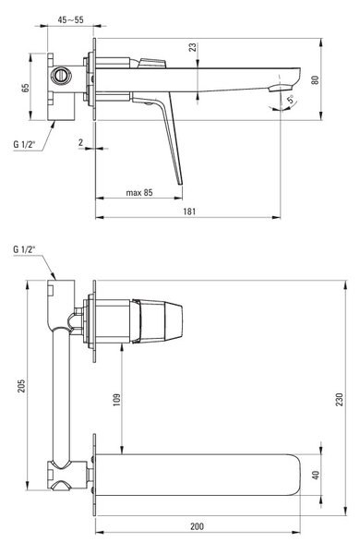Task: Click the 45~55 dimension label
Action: click(71, 19)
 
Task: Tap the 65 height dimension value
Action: click(26, 88)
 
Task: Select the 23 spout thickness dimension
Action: click(192, 47)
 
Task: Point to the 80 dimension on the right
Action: click(315, 79)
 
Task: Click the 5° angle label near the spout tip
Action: click(291, 99)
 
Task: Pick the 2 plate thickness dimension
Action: click(81, 142)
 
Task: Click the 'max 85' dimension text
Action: click(139, 193)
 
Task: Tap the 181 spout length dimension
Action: click(189, 211)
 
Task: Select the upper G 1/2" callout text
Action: click(25, 144)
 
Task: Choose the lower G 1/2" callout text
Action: click(25, 249)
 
